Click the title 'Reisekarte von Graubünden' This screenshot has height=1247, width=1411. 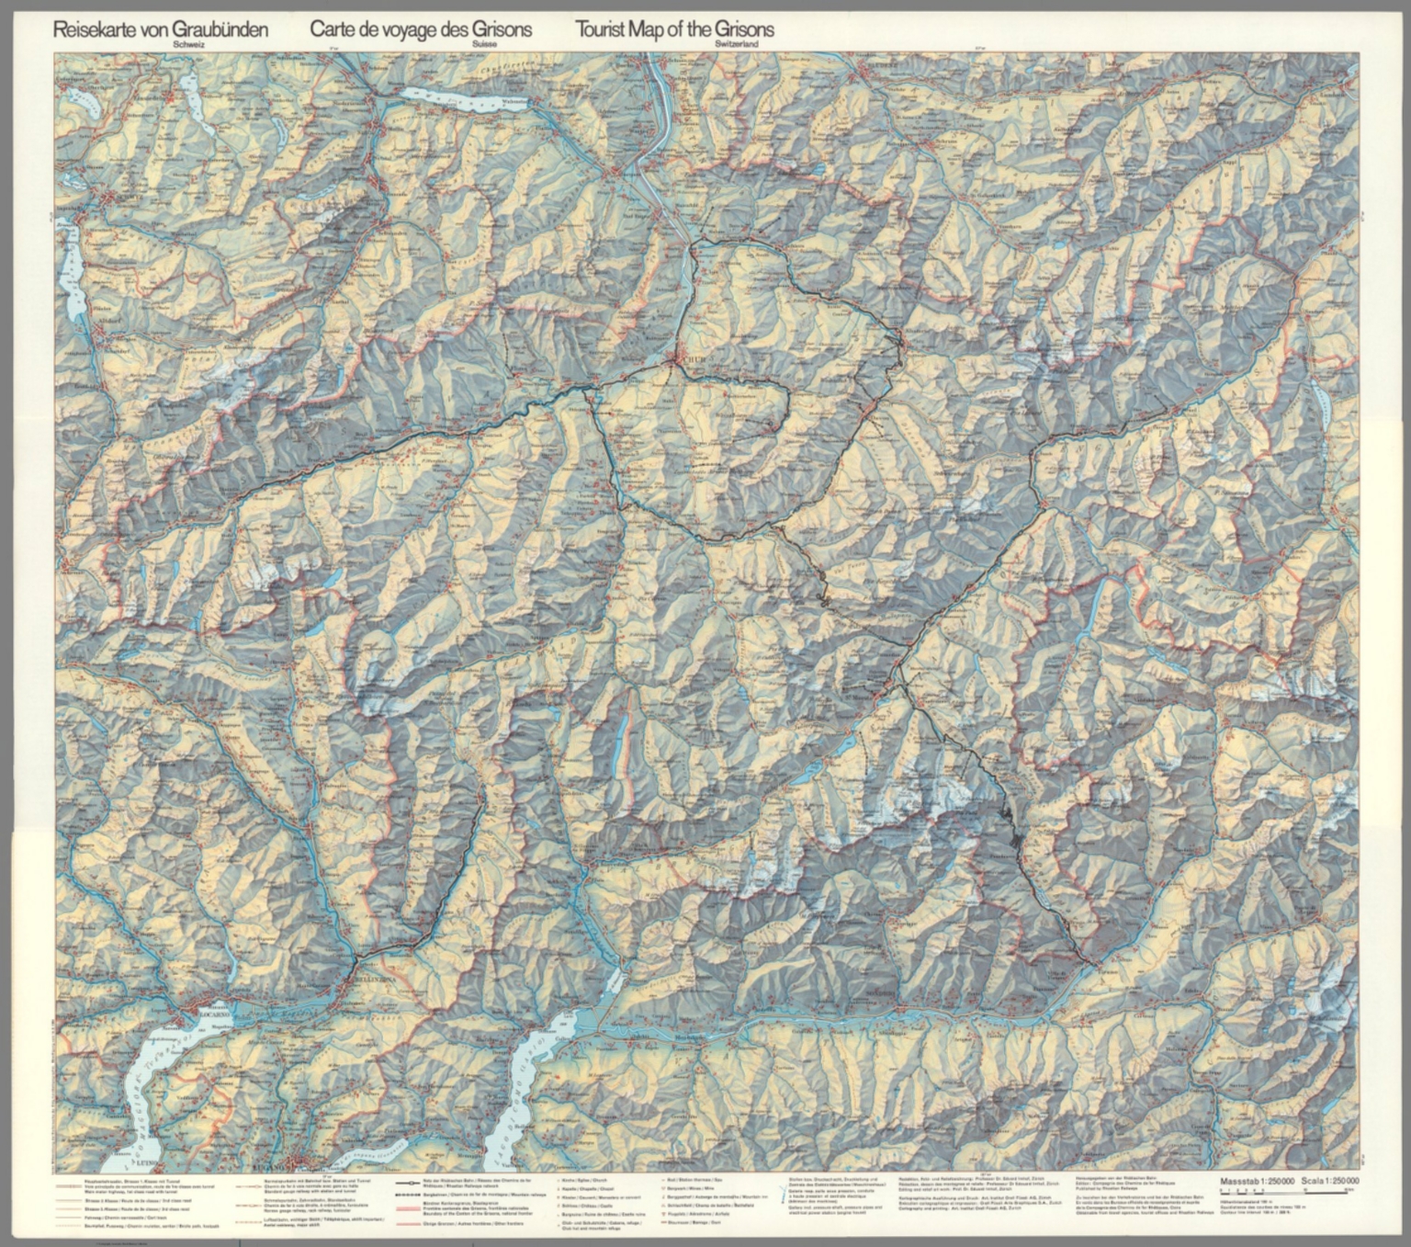pos(161,29)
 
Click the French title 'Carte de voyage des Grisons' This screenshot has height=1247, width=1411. pos(421,29)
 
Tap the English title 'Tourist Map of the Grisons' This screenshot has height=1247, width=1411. pos(675,29)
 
